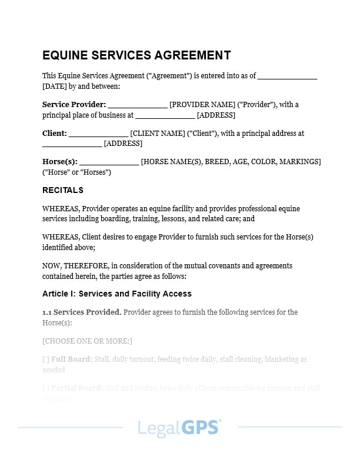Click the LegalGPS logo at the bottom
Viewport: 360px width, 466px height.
pyautogui.click(x=179, y=427)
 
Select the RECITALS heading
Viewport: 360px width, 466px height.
pyautogui.click(x=63, y=190)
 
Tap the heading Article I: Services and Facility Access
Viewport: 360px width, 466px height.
pyautogui.click(x=116, y=294)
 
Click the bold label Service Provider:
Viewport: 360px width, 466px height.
pyautogui.click(x=74, y=104)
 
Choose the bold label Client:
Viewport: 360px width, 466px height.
pyautogui.click(x=55, y=134)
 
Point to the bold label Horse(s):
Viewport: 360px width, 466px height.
pyautogui.click(x=59, y=162)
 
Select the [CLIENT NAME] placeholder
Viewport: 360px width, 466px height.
pyautogui.click(x=157, y=134)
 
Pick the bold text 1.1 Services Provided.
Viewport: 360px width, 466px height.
pyautogui.click(x=82, y=312)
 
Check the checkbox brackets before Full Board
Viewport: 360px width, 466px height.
pyautogui.click(x=45, y=359)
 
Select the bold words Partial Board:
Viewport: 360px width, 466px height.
pyautogui.click(x=77, y=388)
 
